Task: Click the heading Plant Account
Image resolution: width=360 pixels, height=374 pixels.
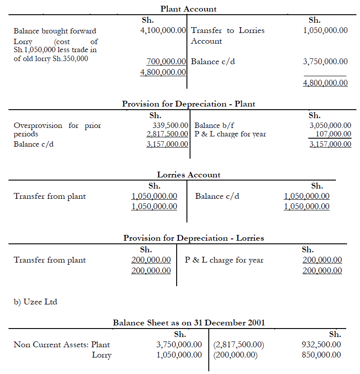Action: click(188, 9)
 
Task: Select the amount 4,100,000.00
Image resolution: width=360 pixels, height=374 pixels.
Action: click(163, 31)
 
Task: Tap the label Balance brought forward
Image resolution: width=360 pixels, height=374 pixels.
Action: click(55, 31)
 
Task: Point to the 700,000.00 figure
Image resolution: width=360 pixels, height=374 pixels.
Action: click(166, 62)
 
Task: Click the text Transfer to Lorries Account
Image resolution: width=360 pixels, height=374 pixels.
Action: click(228, 36)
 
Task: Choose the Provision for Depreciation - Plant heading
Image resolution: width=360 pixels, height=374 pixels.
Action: click(189, 104)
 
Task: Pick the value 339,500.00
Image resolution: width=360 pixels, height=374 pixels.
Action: click(171, 126)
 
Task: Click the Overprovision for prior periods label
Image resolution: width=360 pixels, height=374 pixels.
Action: click(57, 130)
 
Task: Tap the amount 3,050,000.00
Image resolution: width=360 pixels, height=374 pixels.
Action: click(330, 126)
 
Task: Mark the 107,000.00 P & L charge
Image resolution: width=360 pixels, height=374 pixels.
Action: click(333, 134)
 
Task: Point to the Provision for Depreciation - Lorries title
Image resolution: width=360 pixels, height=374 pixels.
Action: click(194, 238)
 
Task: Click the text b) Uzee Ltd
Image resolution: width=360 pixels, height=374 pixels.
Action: click(35, 302)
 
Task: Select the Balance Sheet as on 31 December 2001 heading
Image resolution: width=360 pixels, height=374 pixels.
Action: click(189, 323)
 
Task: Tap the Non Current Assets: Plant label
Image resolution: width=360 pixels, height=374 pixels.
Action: click(62, 345)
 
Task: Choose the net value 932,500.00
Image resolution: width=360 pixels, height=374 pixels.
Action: click(321, 345)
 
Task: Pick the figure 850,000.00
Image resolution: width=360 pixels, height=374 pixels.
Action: click(321, 355)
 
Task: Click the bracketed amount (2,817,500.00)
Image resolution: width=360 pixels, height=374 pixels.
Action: click(239, 345)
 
